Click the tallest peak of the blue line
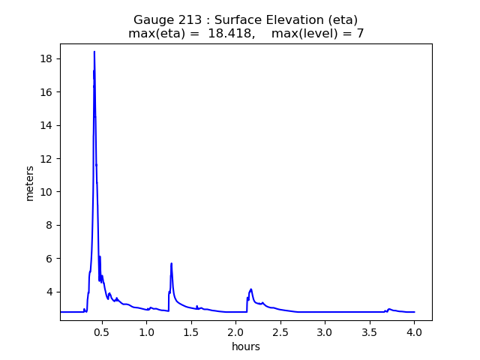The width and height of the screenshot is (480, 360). point(94,52)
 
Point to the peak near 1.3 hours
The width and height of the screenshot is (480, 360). point(172,263)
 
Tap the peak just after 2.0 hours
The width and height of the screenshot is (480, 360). point(250,289)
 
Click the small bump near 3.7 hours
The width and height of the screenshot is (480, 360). point(389,308)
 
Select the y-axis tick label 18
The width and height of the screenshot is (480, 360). point(46,58)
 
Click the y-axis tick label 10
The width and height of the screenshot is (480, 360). point(46,191)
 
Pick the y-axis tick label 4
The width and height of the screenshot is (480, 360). point(49,292)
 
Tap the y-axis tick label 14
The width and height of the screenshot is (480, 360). point(46,125)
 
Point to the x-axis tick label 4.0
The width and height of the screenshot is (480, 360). point(414,331)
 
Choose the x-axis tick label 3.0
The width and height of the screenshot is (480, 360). point(325,331)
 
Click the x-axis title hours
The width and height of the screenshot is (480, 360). point(246,346)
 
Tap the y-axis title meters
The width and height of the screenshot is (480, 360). point(30,183)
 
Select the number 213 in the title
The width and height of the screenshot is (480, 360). point(184,19)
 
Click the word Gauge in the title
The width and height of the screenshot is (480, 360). point(151,19)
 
